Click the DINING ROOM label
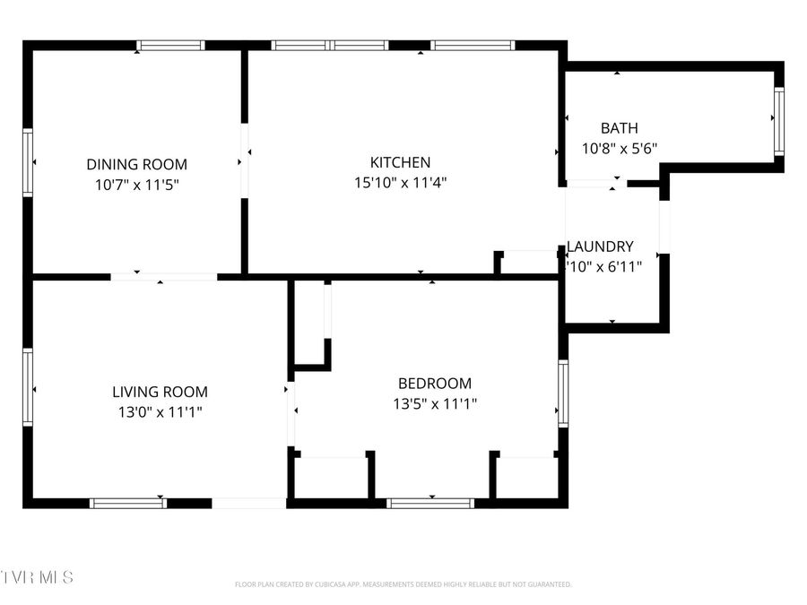[136, 164]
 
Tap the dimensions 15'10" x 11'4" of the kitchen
[400, 183]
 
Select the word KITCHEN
[400, 162]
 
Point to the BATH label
[620, 128]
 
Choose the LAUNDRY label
[601, 246]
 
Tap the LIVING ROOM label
[160, 392]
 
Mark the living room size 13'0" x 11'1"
[160, 412]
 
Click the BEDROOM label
[435, 384]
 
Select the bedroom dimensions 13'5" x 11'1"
[435, 404]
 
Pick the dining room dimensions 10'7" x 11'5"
[136, 185]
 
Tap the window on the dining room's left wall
[28, 162]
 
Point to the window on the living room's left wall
[28, 387]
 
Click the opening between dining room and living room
[163, 277]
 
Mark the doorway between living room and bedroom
[291, 413]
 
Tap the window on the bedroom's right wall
[562, 393]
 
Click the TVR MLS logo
[38, 576]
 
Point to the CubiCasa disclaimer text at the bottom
[403, 584]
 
